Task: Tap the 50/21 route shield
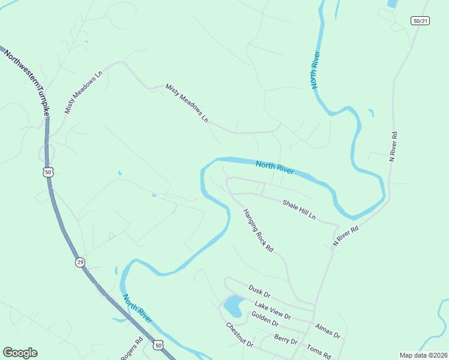tap(421, 21)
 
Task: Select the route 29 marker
tap(80, 262)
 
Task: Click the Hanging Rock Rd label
tap(258, 230)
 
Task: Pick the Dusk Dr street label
tap(259, 292)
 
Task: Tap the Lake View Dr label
tap(272, 310)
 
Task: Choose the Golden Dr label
tap(265, 319)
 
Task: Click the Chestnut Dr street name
tap(240, 335)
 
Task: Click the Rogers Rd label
tap(131, 349)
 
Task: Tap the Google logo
tap(20, 353)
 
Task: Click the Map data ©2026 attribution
tap(423, 355)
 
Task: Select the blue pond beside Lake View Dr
tap(233, 307)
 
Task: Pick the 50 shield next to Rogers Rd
tap(158, 345)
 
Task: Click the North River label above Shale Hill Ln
tap(274, 167)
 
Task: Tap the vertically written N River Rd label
tap(394, 146)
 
